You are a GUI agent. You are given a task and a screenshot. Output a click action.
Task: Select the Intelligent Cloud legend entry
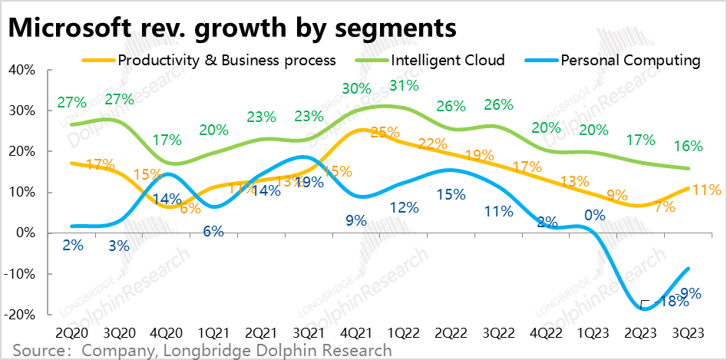pos(448,60)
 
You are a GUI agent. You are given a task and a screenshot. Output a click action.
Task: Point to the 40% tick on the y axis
pos(22,70)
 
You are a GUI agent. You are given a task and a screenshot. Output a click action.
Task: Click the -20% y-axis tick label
pos(19,315)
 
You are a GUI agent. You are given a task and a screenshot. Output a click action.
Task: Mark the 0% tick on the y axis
pos(25,233)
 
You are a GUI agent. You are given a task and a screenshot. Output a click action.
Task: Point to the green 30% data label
pos(356,88)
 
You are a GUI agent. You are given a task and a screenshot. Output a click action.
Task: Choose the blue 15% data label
pos(451,195)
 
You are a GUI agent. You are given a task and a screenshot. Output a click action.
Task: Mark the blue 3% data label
pos(119,246)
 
